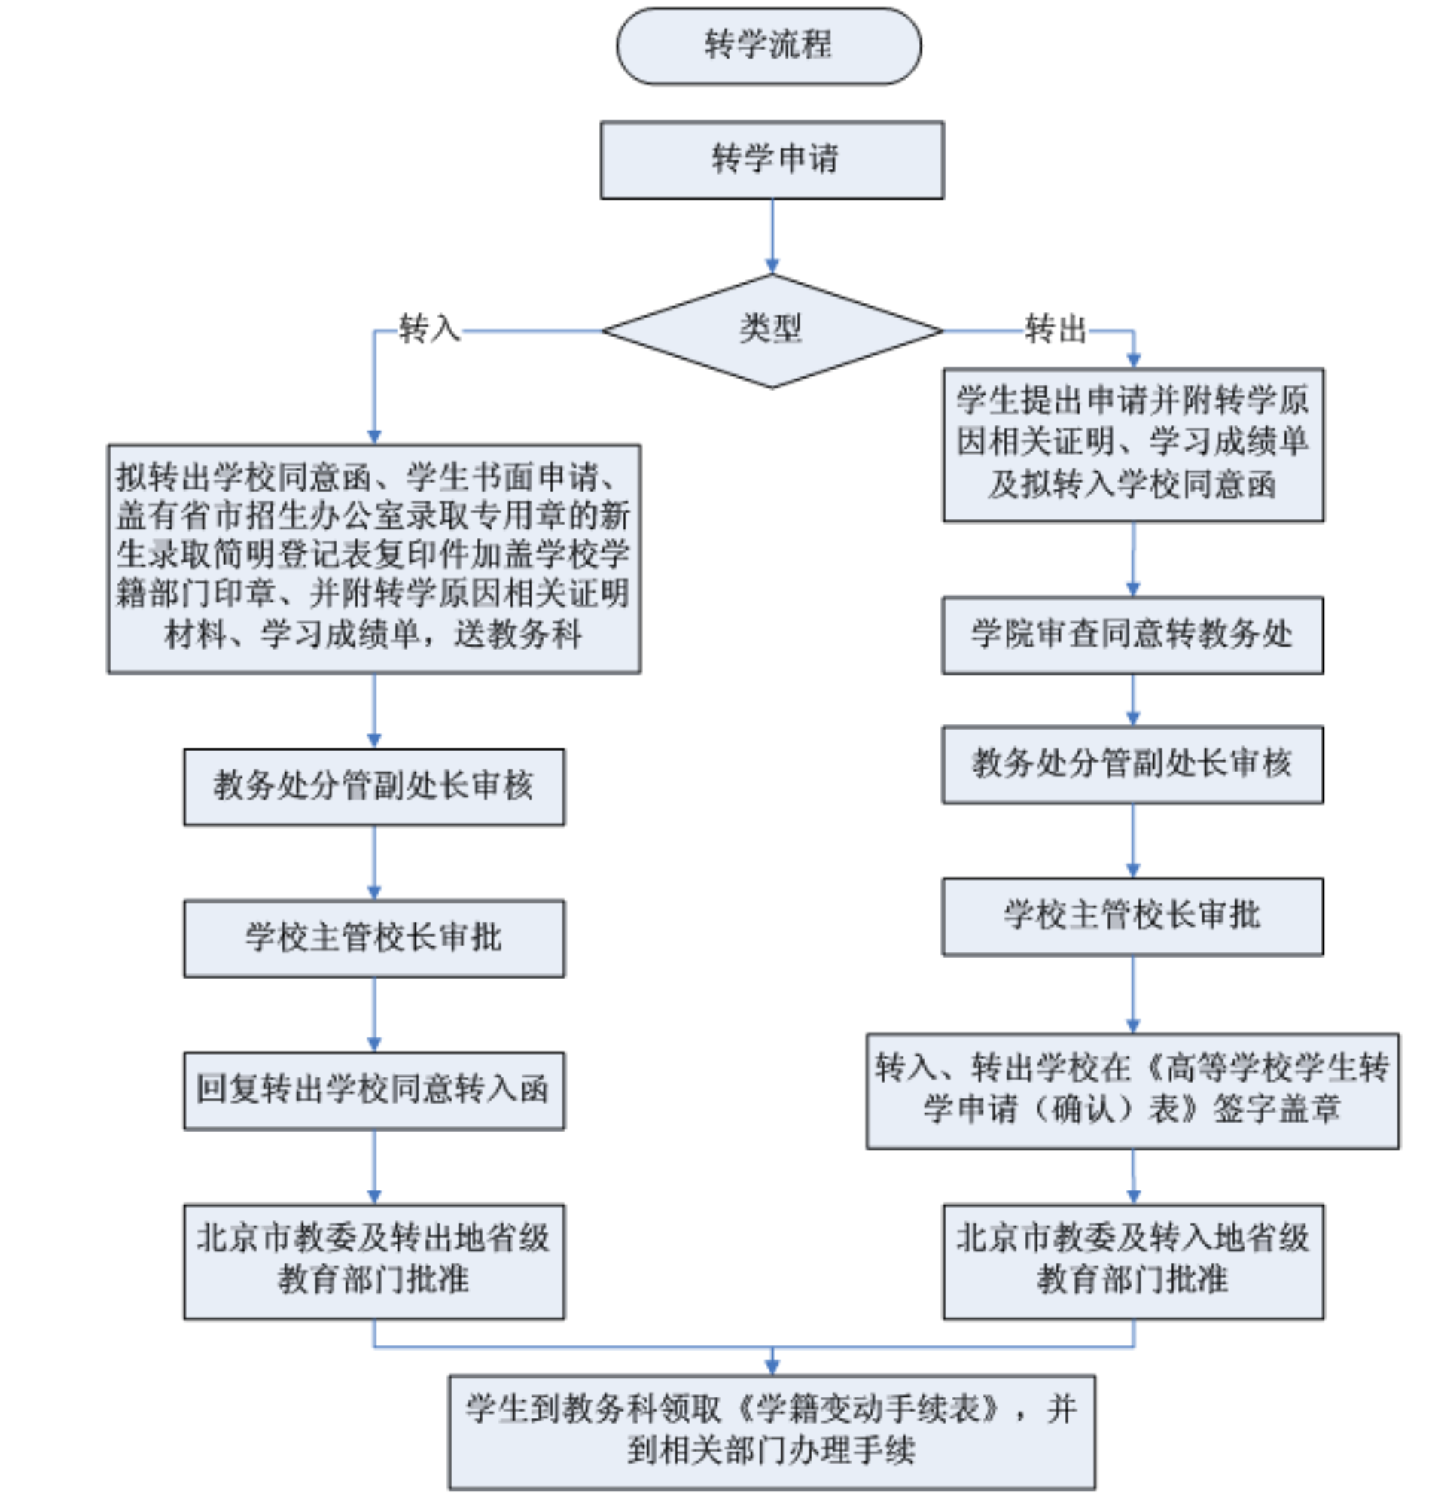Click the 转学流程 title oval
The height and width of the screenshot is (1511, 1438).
(769, 45)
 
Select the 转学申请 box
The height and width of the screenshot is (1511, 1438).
(772, 160)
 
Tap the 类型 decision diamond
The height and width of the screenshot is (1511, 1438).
(772, 331)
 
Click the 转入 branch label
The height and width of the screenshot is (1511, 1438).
(429, 329)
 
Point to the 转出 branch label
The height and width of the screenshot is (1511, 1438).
(1056, 329)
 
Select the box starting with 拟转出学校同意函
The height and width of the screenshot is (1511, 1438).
(374, 558)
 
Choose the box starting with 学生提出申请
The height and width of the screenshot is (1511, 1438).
(1133, 445)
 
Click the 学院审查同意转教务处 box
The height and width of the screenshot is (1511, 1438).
(1133, 635)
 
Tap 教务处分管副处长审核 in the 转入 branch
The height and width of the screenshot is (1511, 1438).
(374, 787)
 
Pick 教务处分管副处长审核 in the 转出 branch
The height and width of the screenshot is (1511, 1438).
(1133, 764)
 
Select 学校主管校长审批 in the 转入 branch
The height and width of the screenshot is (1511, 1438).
(374, 938)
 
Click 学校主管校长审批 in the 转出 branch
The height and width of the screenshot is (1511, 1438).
(1133, 916)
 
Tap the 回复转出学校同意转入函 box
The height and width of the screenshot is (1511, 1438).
(374, 1090)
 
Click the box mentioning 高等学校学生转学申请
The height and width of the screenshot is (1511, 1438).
(1133, 1090)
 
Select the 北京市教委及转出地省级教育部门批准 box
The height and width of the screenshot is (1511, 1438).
(374, 1261)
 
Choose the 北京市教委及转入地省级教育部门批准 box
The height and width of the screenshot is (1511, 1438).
(1133, 1261)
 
